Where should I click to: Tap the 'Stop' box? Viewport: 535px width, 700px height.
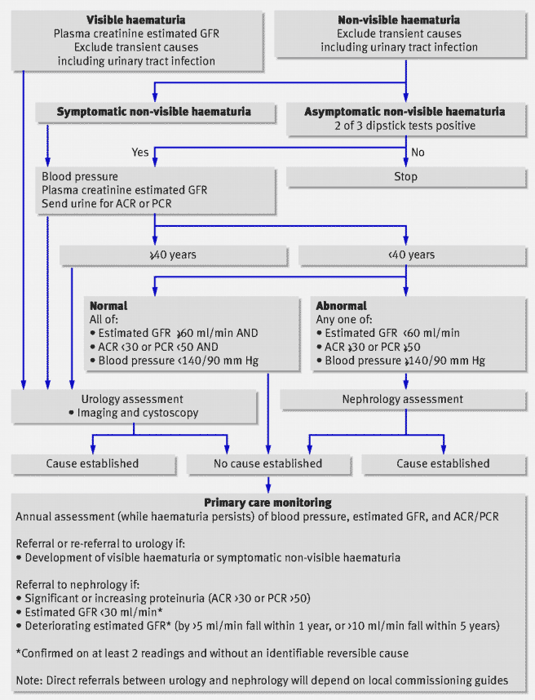point(405,176)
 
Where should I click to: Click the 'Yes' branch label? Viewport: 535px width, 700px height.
point(140,151)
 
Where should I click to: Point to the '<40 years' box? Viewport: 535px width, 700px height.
point(405,255)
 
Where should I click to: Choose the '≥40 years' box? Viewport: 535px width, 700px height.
point(153,255)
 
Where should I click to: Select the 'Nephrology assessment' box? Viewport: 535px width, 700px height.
point(405,400)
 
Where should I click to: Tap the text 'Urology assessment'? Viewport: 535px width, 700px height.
point(139,400)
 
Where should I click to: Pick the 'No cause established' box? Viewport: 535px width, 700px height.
point(267,463)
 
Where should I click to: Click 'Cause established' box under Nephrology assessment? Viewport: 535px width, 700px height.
point(443,463)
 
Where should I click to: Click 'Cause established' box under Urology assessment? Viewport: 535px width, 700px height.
point(92,463)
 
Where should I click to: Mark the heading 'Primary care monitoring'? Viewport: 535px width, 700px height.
point(267,503)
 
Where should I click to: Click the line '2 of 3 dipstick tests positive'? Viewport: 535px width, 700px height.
point(405,125)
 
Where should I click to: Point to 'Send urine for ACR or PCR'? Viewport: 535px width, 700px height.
point(113,203)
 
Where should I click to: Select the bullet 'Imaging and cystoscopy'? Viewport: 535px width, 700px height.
point(144,413)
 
